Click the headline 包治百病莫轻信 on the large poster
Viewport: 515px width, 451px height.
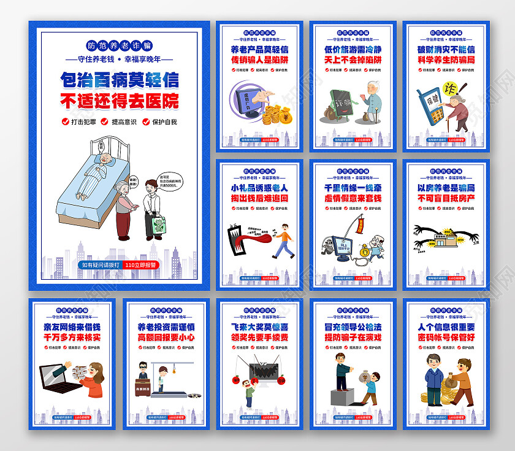120,79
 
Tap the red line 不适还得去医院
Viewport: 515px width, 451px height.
120,100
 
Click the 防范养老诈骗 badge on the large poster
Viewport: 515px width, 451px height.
120,45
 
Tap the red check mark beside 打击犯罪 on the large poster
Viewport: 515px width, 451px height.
66,121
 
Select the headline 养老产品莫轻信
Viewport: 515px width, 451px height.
259,49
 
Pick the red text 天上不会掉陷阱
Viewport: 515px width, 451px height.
353,60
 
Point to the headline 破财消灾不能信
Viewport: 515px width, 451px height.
446,49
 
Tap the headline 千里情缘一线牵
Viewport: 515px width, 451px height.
353,188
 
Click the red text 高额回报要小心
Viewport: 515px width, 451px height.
166,337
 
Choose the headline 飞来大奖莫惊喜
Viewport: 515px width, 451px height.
259,327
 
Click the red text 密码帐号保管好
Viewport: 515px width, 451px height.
446,337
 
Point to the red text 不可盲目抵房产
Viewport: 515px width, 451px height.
446,198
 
